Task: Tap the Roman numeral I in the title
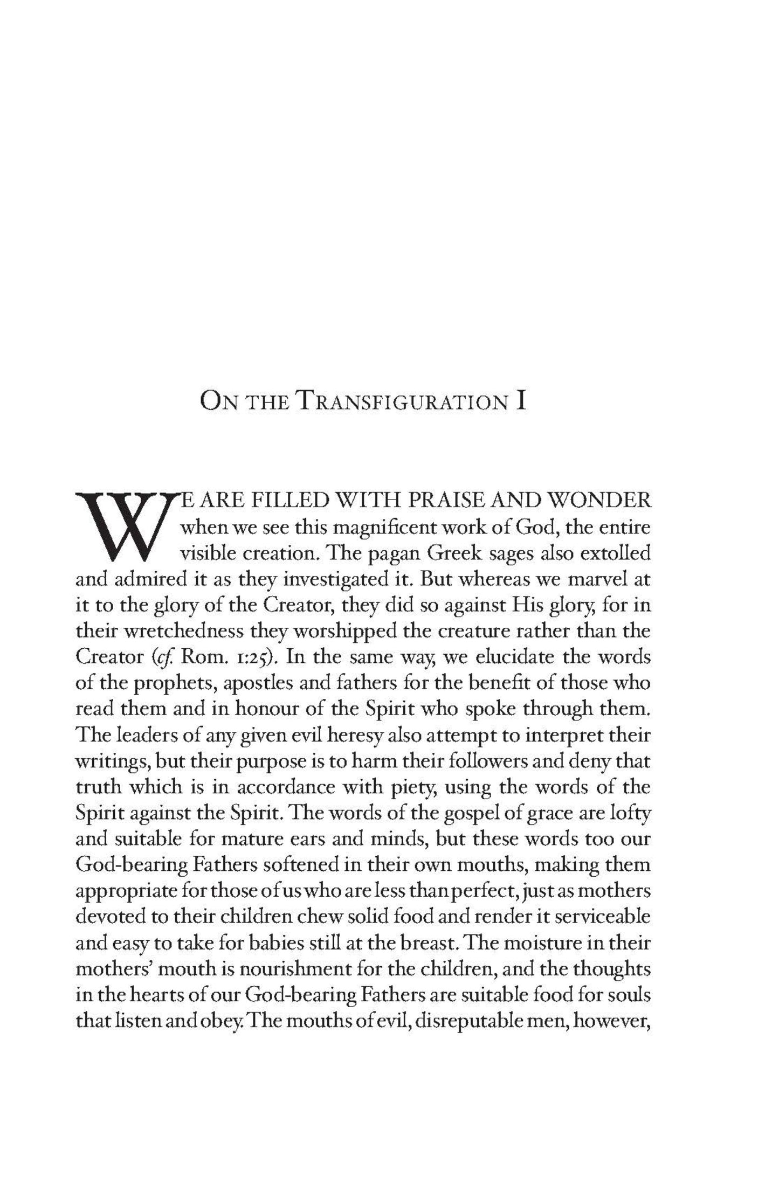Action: (520, 403)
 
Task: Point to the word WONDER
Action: (599, 501)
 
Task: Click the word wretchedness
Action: (175, 631)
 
